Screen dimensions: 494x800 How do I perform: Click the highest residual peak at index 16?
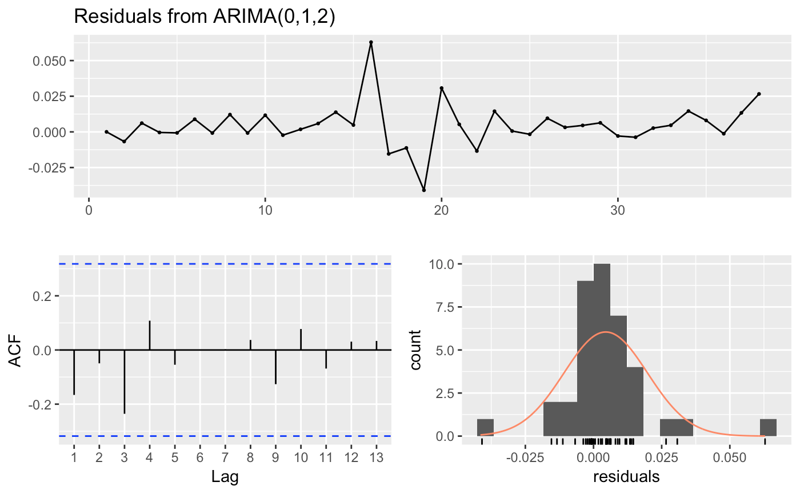coord(371,42)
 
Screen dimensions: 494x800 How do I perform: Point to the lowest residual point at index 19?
coord(424,190)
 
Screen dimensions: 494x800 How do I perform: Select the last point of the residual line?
coord(759,94)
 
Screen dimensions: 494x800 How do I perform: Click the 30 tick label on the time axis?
coord(618,210)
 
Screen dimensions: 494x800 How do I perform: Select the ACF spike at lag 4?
coord(150,335)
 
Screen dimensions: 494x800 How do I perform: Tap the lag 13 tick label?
coord(376,457)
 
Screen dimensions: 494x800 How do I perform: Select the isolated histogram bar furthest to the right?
coord(768,428)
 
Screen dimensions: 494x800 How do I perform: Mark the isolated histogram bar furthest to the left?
coord(485,428)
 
